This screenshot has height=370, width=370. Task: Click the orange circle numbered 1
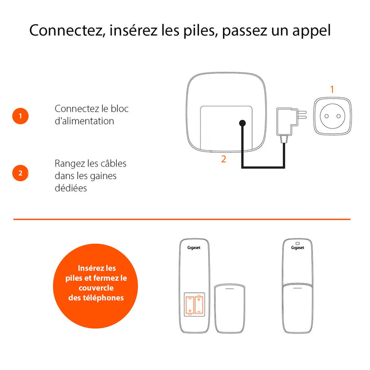click(x=20, y=116)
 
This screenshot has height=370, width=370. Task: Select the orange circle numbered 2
click(x=20, y=173)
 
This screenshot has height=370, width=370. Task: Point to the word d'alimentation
click(x=84, y=121)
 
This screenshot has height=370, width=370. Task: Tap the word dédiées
click(x=71, y=188)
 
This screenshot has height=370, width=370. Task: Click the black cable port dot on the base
click(x=242, y=123)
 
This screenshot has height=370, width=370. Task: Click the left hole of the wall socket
click(x=327, y=116)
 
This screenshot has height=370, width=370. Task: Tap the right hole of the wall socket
click(x=339, y=116)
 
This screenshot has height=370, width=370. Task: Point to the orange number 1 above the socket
click(x=332, y=89)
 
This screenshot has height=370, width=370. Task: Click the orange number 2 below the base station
click(x=224, y=159)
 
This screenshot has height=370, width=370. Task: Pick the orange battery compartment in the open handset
click(x=195, y=304)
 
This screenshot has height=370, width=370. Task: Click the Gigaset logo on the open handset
click(x=194, y=247)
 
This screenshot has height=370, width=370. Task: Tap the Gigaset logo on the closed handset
click(x=298, y=247)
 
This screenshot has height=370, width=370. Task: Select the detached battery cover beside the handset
click(x=230, y=309)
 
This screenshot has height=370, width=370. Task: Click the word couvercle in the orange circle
click(x=96, y=288)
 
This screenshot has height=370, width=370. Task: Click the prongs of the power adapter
click(x=302, y=115)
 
